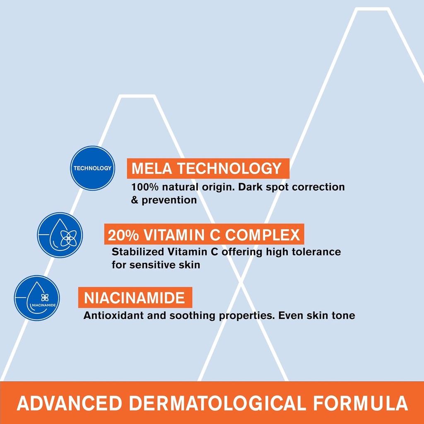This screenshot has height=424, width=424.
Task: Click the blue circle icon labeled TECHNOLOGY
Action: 92,168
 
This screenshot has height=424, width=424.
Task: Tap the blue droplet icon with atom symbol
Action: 60,235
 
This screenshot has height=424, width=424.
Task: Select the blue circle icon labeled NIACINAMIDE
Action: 37,298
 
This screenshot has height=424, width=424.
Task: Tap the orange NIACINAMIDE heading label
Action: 135,298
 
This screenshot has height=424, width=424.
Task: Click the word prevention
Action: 169,200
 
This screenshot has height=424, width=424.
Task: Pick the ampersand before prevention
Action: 135,200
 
